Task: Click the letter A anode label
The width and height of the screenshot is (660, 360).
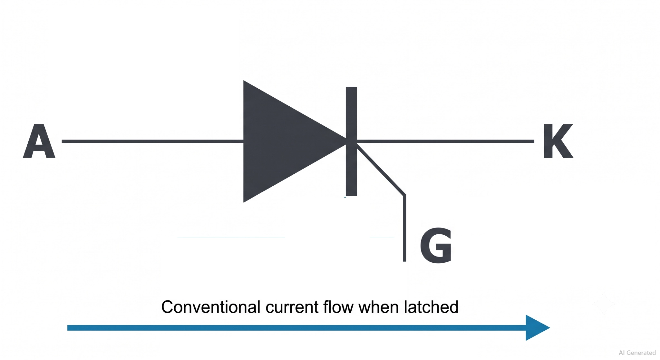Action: click(39, 141)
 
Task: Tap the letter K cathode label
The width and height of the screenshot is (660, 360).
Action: click(558, 141)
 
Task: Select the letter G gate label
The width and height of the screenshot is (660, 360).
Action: click(436, 245)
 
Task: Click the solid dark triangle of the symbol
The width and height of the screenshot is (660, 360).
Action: click(284, 141)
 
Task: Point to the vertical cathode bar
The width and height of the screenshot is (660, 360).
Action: click(351, 141)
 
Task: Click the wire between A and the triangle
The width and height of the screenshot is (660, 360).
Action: click(152, 141)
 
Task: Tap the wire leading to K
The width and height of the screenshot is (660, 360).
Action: click(446, 141)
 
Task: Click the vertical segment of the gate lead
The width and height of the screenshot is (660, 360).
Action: click(404, 228)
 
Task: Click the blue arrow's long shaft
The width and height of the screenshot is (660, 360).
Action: click(296, 328)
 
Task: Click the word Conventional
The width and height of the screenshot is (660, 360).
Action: click(211, 307)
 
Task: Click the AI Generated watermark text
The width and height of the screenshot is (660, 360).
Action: click(637, 353)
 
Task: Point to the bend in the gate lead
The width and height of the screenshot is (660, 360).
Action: click(404, 195)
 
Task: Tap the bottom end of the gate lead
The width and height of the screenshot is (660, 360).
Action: click(404, 261)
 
